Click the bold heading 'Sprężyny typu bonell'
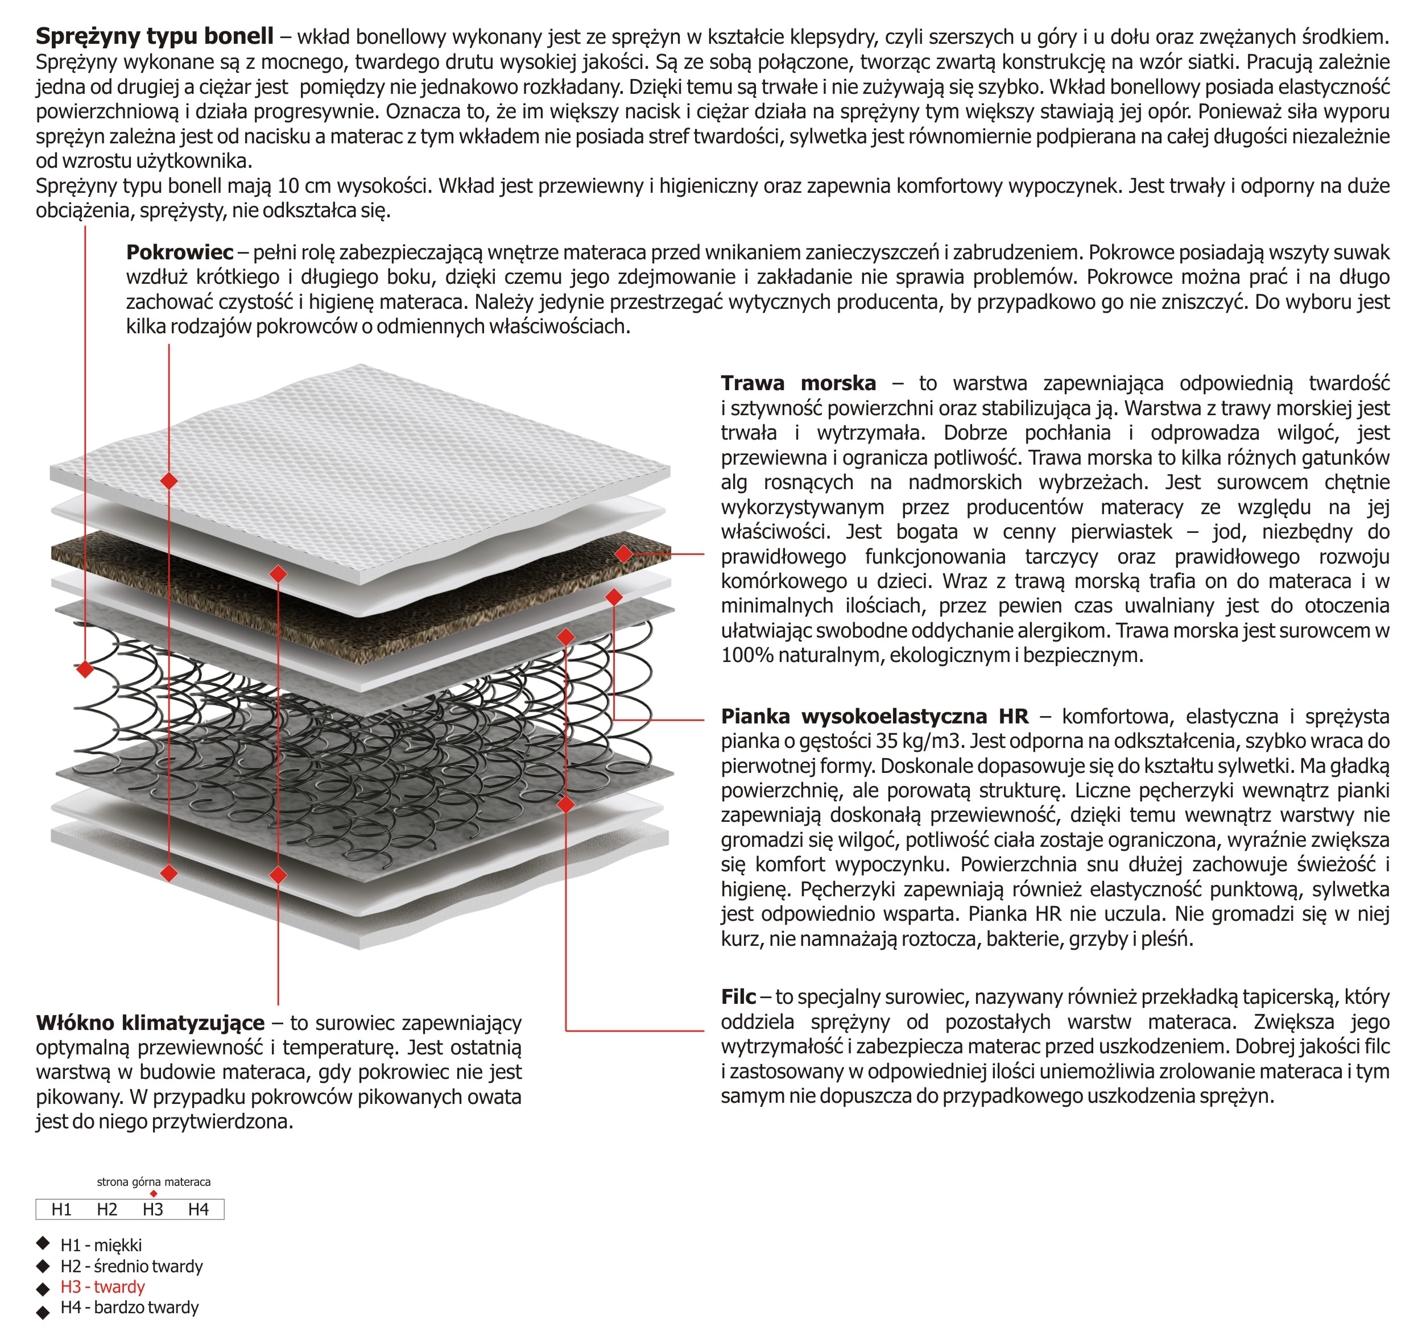[155, 36]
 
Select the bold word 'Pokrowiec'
[180, 252]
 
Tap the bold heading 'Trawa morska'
[797, 383]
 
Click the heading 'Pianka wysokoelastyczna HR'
[874, 716]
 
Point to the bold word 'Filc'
[738, 996]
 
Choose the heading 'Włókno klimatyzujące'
[150, 1023]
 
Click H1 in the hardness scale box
[61, 1209]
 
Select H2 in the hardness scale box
[108, 1209]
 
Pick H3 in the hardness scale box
[152, 1209]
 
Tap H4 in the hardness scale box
[198, 1209]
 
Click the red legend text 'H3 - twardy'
[102, 1286]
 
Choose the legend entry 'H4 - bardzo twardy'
[130, 1308]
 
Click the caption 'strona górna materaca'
[154, 1182]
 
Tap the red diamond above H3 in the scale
[153, 1194]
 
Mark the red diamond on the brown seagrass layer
[624, 553]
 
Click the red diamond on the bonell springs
[85, 669]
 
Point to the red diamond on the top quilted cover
[169, 481]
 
